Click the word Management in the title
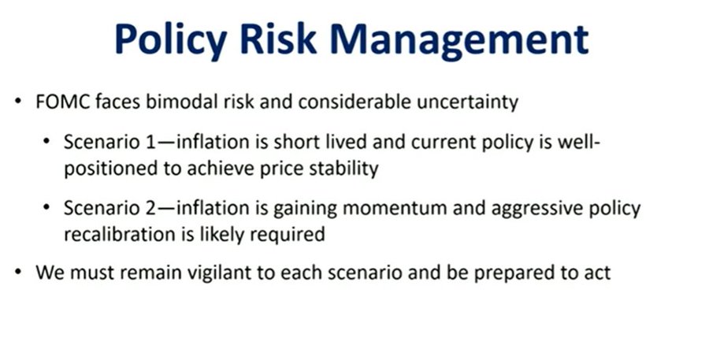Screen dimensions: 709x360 point(459,41)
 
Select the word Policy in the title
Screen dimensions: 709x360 point(170,41)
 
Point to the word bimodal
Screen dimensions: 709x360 point(182,102)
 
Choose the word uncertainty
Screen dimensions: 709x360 point(467,102)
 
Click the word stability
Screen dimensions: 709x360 point(344,169)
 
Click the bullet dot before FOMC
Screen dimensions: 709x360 point(18,102)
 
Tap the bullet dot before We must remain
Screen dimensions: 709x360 point(18,273)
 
